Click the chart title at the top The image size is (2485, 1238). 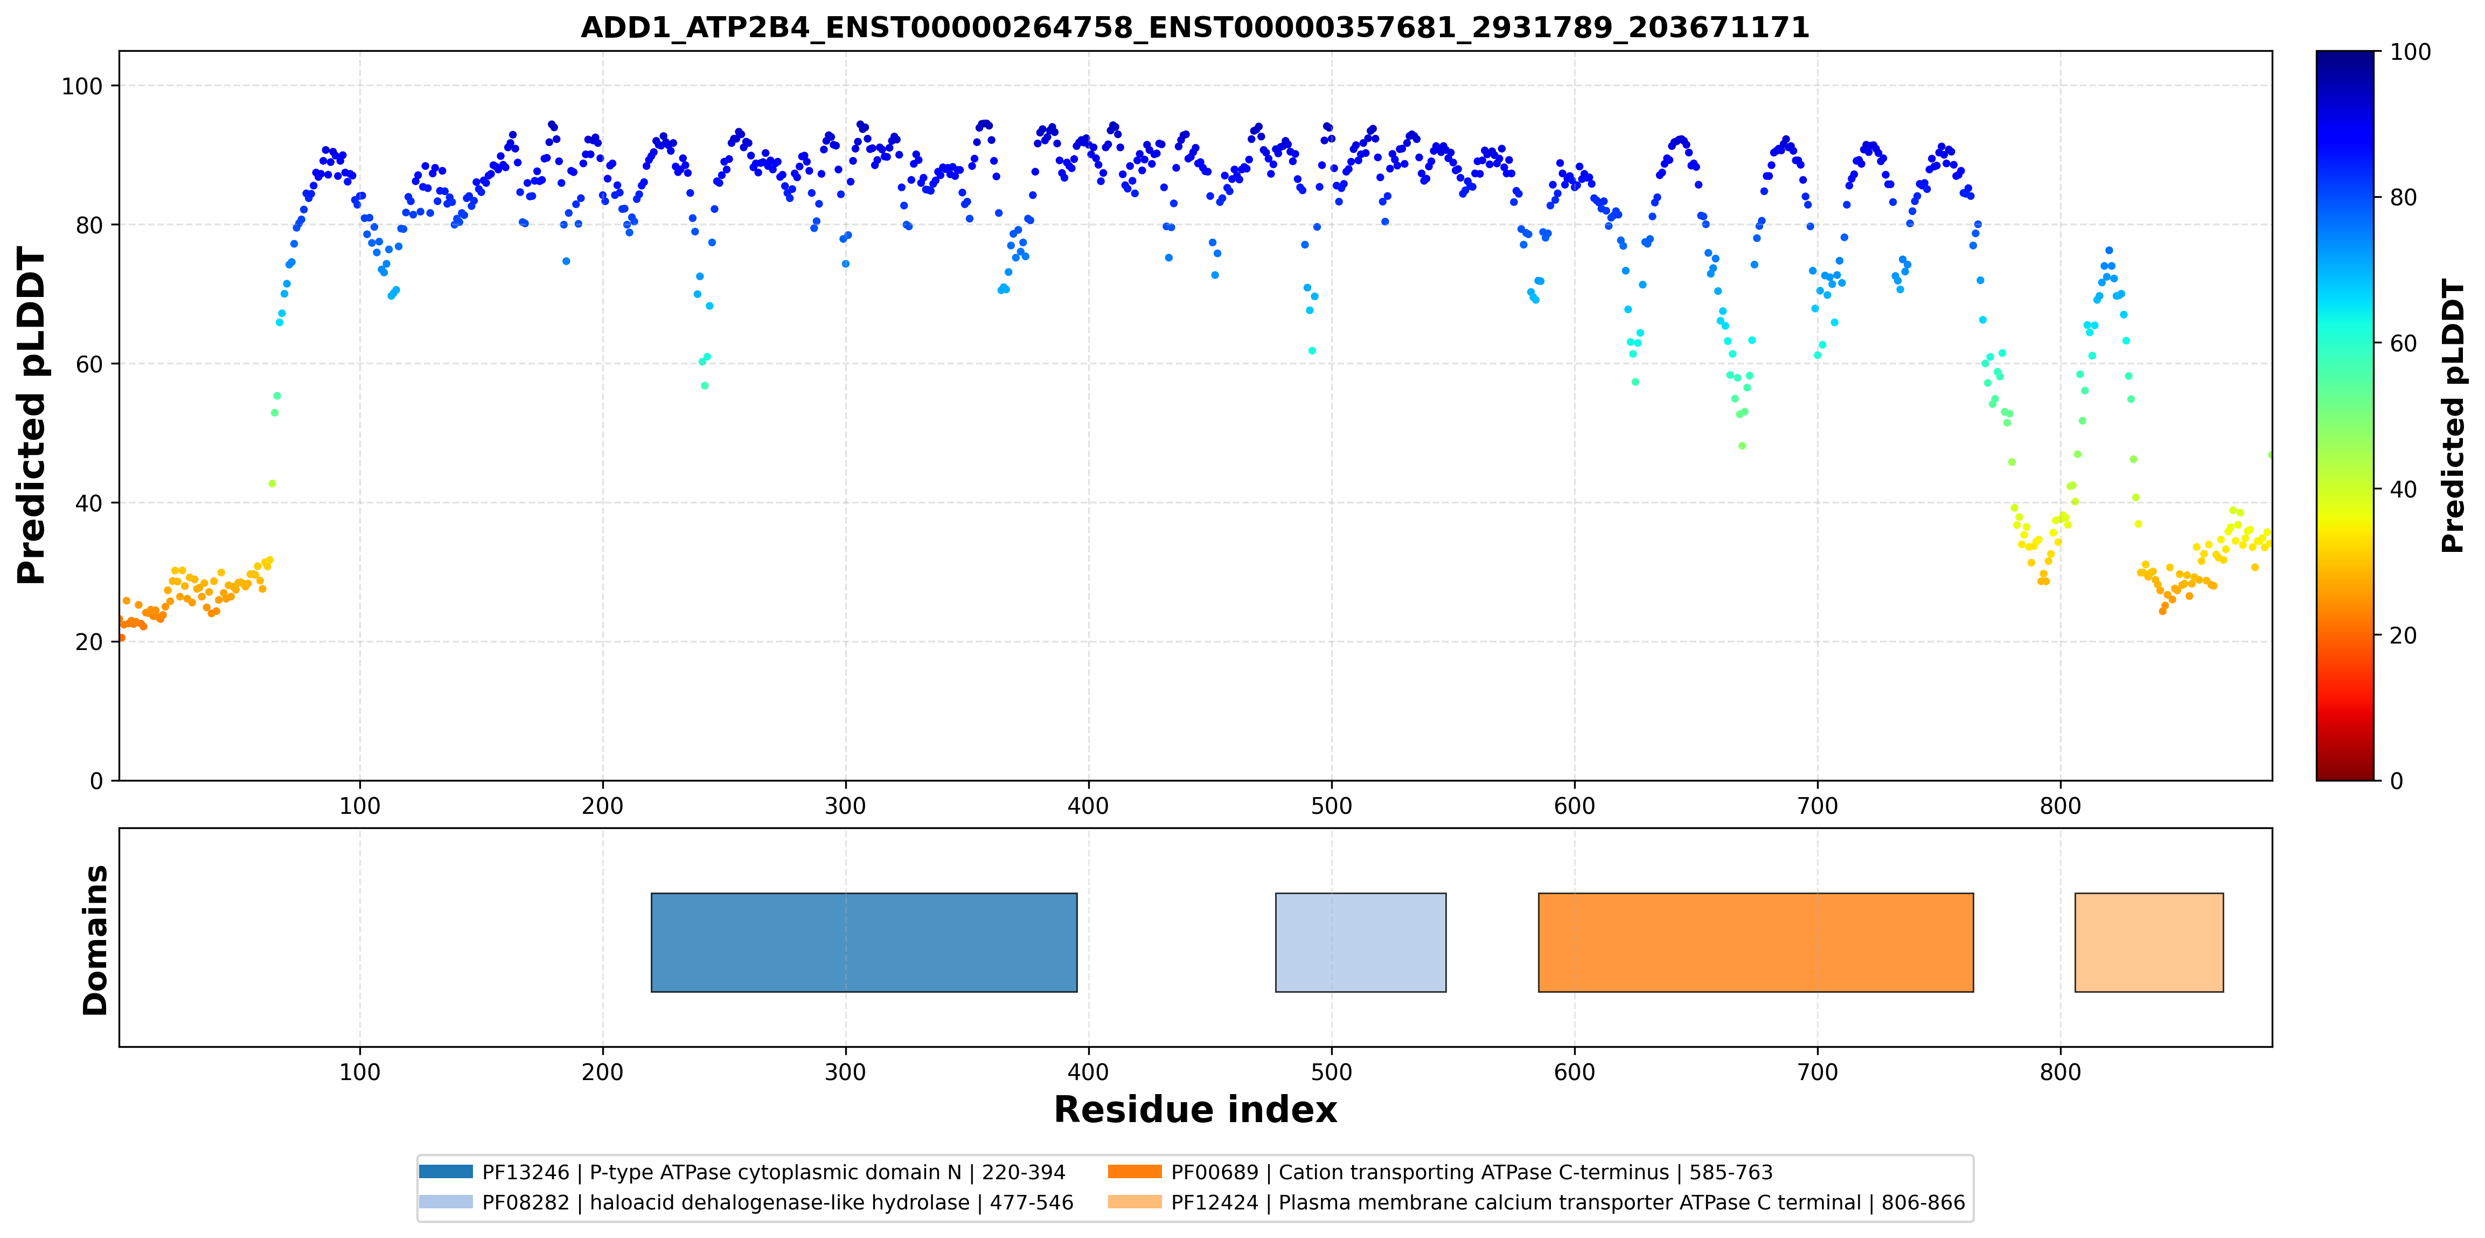point(1194,27)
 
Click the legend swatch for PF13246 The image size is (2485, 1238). point(446,1171)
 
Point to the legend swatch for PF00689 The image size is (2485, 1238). point(1134,1171)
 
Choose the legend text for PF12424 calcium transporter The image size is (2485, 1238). point(1568,1202)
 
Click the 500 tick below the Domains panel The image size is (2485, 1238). point(1331,1072)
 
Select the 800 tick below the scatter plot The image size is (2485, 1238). point(2061,806)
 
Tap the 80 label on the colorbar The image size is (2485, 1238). point(2403,197)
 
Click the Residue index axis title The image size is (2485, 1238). point(1195,1110)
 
